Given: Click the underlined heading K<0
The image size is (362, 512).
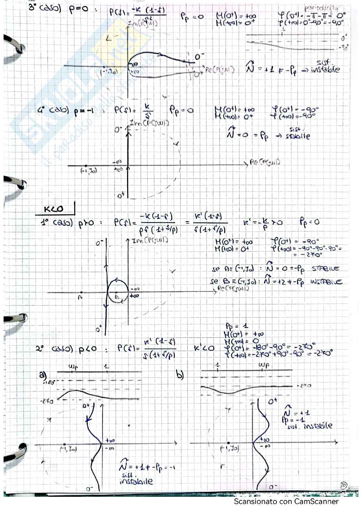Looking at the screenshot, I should (54, 210).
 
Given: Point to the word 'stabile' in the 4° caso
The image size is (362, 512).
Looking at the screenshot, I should (297, 136).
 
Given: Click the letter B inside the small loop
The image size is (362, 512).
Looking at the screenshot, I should (117, 296).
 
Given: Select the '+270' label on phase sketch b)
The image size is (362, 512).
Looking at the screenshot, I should (304, 386).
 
